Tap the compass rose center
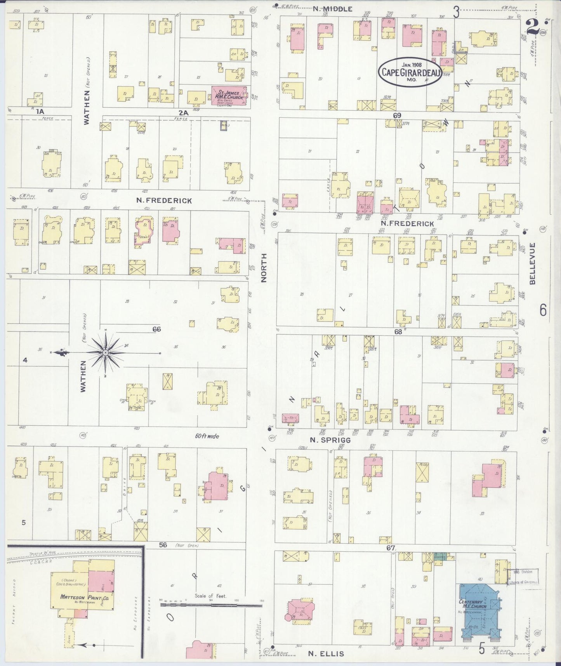[x=105, y=352]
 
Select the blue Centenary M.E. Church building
[x=478, y=614]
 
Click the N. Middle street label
[x=333, y=9]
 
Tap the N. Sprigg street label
[x=330, y=440]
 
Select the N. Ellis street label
[x=326, y=654]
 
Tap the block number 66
[x=156, y=329]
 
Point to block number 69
[x=396, y=115]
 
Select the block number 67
[x=390, y=548]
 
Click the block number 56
[x=163, y=545]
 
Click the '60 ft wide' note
[x=207, y=436]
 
